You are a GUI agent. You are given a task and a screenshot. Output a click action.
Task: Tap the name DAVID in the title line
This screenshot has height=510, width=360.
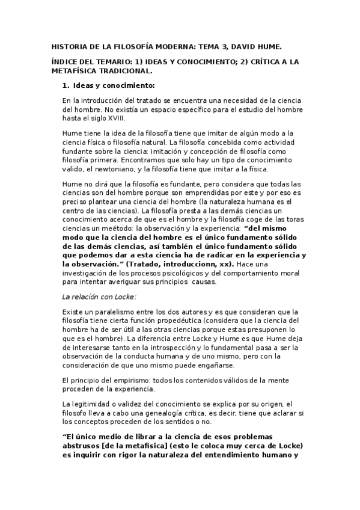coord(235,46)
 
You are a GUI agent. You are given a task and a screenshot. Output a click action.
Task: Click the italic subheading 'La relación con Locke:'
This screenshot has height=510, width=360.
coord(99,296)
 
